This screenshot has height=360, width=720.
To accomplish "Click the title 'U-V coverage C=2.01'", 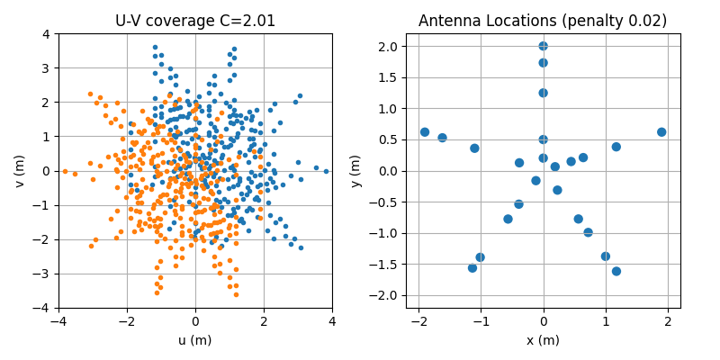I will (195, 21).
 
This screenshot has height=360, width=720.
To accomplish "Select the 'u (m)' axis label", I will (195, 339).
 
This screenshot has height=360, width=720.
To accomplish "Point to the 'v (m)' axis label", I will (21, 171).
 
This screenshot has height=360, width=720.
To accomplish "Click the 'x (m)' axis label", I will (543, 339).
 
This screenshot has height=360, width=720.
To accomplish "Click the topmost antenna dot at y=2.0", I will (543, 46).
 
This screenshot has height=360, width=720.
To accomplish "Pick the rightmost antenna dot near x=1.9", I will (661, 132).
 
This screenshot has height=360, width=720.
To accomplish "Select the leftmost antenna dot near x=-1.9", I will (425, 132).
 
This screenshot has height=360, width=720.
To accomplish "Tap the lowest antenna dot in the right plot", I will (616, 271).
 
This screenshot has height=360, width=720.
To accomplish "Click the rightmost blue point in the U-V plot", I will (326, 171).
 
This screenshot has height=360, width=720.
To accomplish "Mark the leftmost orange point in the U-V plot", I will (65, 171).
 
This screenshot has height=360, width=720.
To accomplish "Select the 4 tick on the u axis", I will (332, 320).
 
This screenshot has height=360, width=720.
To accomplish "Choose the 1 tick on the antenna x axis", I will (606, 320).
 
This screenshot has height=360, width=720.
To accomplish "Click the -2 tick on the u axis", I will (127, 320).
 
